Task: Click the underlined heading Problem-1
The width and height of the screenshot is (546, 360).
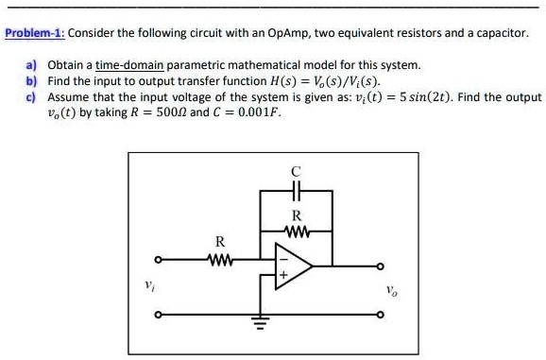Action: pos(33,32)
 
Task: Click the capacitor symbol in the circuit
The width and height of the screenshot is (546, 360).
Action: pos(296,191)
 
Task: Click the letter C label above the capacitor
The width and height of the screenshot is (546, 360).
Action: pos(296,172)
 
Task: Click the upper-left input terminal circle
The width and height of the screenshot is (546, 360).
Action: pos(159,259)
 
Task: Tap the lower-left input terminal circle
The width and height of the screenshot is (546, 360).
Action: pos(159,314)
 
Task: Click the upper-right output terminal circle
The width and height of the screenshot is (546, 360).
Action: pos(381,266)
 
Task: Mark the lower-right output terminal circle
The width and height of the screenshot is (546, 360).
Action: pos(381,314)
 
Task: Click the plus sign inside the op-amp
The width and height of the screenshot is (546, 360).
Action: pos(281,275)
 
